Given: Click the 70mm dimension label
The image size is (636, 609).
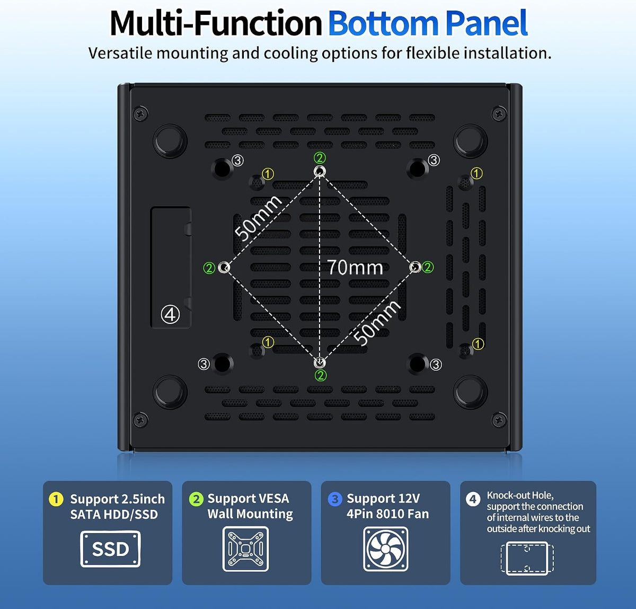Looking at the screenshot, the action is tap(355, 267).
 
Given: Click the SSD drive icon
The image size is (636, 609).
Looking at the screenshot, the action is tap(110, 549).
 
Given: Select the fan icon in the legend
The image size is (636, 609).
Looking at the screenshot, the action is tap(386, 549).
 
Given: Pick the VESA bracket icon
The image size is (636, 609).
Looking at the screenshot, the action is tap(245, 549).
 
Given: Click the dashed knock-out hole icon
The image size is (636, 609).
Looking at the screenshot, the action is tap(527, 558).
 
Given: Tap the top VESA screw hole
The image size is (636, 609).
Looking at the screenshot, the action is tap(319, 171).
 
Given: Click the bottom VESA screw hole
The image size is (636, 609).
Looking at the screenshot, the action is tap(320, 363).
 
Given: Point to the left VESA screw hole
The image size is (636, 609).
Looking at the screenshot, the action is tap(224, 267).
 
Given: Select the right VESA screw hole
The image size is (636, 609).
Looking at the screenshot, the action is tap(416, 267).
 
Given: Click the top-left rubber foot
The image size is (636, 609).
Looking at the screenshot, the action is tap(170, 141).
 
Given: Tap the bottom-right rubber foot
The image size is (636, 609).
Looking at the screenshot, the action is tap(470, 392).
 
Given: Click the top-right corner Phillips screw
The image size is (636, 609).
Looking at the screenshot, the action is tap(499, 114).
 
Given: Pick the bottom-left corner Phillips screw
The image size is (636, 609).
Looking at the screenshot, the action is tap(140, 420).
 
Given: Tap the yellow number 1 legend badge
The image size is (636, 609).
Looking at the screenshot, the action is tap(56, 499).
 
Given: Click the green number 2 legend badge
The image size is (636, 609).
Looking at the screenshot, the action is tap(196, 499).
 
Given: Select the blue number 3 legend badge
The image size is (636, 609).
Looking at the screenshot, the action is tap(335, 499).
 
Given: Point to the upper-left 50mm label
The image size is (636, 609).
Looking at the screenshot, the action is tap(258, 218).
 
